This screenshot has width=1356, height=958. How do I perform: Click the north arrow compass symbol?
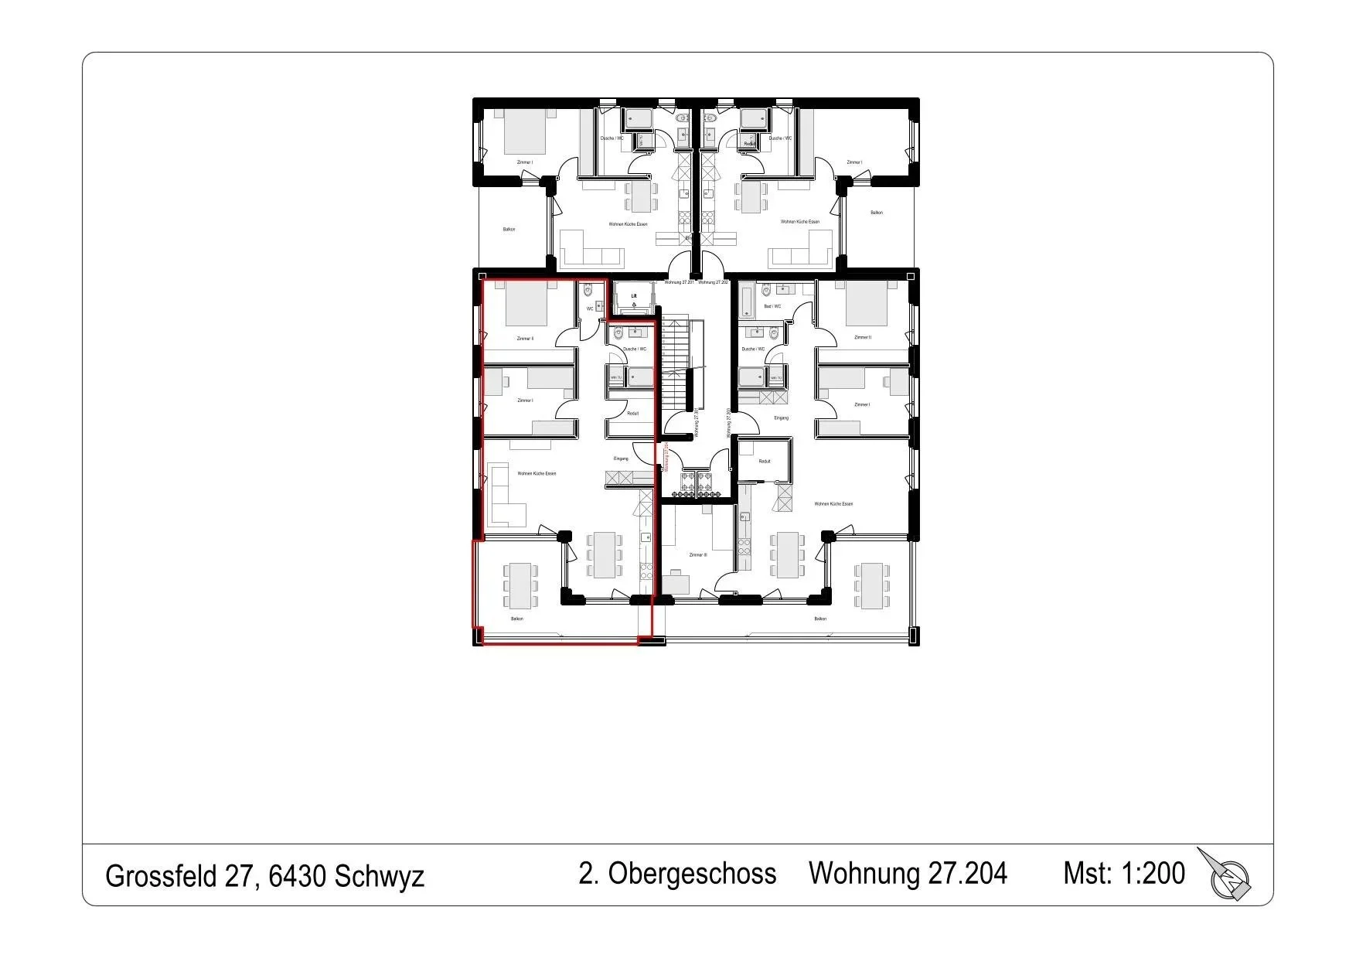(1227, 876)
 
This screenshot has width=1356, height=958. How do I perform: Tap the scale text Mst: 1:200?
(1123, 874)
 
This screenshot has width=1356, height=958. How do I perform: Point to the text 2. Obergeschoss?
(677, 874)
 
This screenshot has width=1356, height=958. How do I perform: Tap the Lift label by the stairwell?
(634, 296)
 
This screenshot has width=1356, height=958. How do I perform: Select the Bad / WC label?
(772, 306)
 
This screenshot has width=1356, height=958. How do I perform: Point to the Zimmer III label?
(697, 554)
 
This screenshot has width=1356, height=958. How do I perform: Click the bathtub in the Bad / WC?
(746, 300)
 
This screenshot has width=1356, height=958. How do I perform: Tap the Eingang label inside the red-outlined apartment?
(621, 459)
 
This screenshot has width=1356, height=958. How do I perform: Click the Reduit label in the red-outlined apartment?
(632, 414)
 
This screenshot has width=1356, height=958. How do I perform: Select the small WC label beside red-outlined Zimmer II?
(590, 309)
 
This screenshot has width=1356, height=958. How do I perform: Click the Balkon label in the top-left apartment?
(509, 229)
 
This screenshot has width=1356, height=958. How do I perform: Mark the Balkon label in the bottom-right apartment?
(820, 619)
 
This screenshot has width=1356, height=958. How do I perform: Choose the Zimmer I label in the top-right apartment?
(854, 162)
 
